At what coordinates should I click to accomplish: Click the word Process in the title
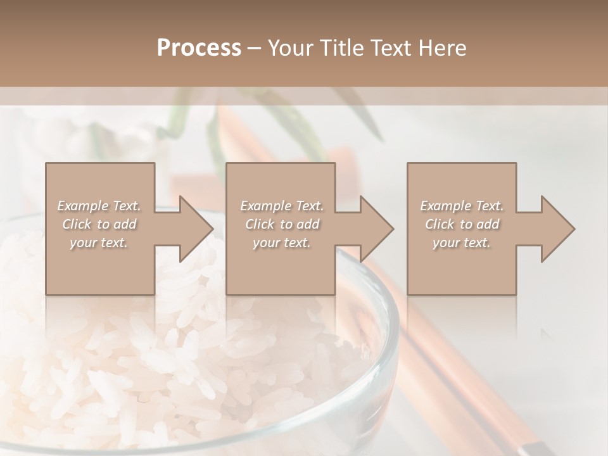[x=199, y=48]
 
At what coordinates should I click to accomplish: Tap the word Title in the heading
[x=343, y=48]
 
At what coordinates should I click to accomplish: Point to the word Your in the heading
[x=291, y=48]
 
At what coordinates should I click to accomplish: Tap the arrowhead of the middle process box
[x=376, y=229]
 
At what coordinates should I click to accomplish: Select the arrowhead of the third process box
[x=557, y=229]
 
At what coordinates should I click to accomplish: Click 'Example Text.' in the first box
[x=99, y=206]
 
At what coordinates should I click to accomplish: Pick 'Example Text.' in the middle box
[x=282, y=206]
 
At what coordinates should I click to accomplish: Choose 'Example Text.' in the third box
[x=462, y=206]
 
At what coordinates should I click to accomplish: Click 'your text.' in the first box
[x=99, y=243]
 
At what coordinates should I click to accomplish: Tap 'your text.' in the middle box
[x=281, y=243]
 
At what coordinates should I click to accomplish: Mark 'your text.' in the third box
[x=462, y=243]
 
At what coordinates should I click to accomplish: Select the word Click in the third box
[x=440, y=224]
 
